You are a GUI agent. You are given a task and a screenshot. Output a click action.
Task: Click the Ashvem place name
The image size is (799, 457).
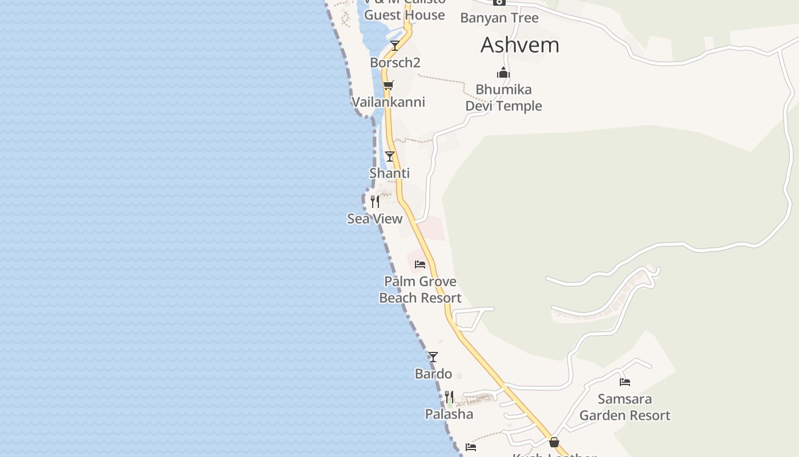tap(520, 45)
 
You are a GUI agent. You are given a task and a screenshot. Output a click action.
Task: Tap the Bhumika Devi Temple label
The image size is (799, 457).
tap(503, 98)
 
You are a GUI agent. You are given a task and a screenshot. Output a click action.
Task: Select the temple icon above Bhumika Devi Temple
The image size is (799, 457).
tap(503, 73)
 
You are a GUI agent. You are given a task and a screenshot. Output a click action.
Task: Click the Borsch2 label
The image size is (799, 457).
tap(395, 63)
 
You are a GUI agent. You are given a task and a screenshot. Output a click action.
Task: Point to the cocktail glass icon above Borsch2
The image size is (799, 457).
tap(394, 45)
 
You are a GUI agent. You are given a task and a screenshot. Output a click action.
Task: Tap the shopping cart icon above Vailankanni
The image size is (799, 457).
tap(388, 86)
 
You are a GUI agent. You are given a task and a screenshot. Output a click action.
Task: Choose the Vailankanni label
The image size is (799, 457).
tap(388, 102)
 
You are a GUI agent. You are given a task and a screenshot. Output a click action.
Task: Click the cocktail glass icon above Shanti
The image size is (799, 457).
tap(390, 156)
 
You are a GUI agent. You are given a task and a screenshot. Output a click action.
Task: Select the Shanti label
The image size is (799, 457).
tap(390, 173)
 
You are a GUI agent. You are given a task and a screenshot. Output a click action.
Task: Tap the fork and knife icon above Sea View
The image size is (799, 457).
tap(375, 201)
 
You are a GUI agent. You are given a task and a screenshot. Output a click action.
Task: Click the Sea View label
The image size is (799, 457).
tap(375, 219)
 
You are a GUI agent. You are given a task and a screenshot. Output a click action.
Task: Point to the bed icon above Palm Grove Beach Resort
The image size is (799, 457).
tap(420, 264)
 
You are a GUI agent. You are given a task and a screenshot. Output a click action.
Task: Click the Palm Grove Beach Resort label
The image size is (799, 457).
tap(420, 290)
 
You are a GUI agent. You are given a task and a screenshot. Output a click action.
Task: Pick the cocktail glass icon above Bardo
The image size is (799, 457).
tap(433, 357)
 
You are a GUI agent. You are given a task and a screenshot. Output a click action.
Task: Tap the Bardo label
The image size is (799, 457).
tap(433, 374)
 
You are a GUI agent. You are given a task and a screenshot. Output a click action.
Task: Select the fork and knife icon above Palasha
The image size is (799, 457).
tap(449, 396)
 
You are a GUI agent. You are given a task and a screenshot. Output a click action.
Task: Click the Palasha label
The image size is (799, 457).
tap(449, 414)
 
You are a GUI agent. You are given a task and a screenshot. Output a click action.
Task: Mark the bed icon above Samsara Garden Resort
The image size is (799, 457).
tap(625, 382)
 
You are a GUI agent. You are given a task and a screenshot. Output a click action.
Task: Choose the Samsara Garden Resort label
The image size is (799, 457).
tap(625, 407)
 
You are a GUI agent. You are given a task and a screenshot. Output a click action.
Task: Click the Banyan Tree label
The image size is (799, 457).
tap(499, 18)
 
